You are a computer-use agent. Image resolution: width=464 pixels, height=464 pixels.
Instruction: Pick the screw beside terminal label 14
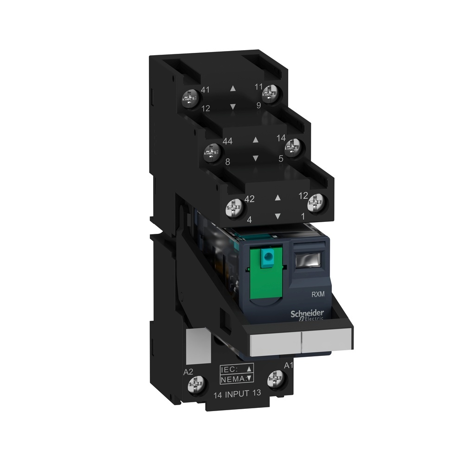pos(293,148)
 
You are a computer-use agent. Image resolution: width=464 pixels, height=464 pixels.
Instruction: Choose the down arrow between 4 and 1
pos(277,216)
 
